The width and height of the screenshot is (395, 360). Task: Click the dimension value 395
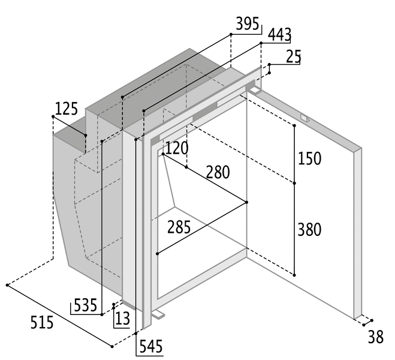pyautogui.click(x=247, y=25)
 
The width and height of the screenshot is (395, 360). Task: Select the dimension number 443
pyautogui.click(x=279, y=35)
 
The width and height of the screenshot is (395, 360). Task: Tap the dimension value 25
pyautogui.click(x=293, y=56)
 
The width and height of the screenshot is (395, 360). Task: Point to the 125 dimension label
pyautogui.click(x=67, y=109)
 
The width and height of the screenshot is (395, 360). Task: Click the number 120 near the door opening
pyautogui.click(x=177, y=148)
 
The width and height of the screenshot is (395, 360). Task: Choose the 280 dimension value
pyautogui.click(x=218, y=173)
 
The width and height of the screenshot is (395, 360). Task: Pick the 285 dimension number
pyautogui.click(x=179, y=229)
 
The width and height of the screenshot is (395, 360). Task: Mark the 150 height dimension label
pyautogui.click(x=309, y=159)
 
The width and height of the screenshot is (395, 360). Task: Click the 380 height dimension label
pyautogui.click(x=309, y=229)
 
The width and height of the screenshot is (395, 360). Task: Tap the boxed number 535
pyautogui.click(x=85, y=305)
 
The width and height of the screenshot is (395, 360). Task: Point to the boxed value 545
pyautogui.click(x=150, y=346)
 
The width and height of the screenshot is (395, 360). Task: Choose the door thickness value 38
pyautogui.click(x=375, y=337)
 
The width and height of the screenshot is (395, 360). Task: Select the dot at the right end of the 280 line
pyautogui.click(x=247, y=202)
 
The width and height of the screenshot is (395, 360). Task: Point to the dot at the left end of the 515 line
pyautogui.click(x=7, y=285)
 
